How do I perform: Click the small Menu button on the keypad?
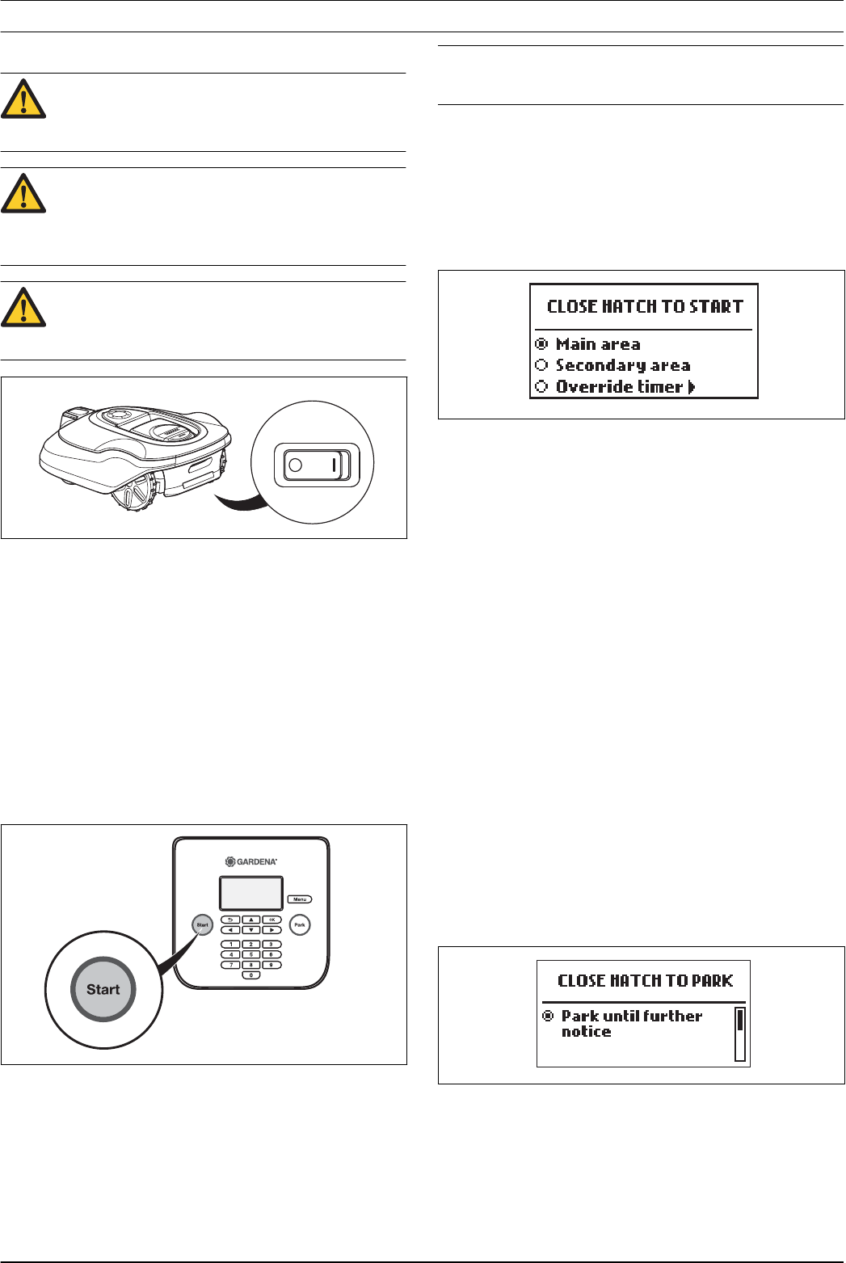(x=300, y=899)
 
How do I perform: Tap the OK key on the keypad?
(x=272, y=920)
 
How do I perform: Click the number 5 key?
(x=251, y=954)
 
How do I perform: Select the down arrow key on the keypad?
(x=251, y=930)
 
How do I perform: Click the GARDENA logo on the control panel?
(x=251, y=862)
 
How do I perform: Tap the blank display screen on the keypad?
(x=251, y=894)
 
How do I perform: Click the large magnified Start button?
(x=103, y=990)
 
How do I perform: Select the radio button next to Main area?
(x=542, y=344)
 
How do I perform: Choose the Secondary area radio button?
(x=542, y=365)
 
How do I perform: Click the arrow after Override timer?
(x=692, y=387)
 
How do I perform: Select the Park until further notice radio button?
(x=548, y=1016)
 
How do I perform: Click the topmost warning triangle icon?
(x=23, y=100)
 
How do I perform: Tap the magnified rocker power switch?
(x=316, y=465)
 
